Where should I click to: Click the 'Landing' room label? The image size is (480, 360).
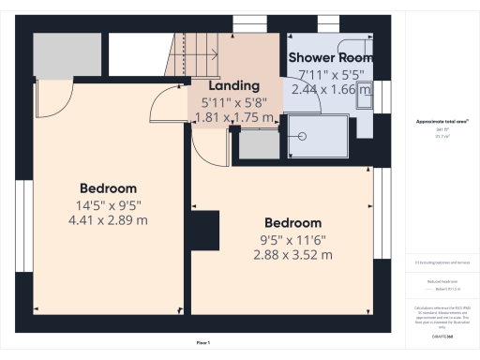point(220,85)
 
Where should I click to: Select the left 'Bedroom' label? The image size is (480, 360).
point(108,187)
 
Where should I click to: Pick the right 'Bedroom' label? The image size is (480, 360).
point(292,223)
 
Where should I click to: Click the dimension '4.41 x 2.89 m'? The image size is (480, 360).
point(108,220)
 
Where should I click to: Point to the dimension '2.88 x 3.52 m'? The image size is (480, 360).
point(292,255)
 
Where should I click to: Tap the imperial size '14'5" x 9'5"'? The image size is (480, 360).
point(108,204)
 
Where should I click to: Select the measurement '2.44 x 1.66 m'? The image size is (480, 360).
point(328,89)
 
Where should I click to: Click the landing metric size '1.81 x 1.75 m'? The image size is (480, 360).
point(233,118)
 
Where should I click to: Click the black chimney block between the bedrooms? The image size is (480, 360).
point(202,230)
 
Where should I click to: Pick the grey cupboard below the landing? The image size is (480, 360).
point(259,144)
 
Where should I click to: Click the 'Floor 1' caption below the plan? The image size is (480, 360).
point(202,344)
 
